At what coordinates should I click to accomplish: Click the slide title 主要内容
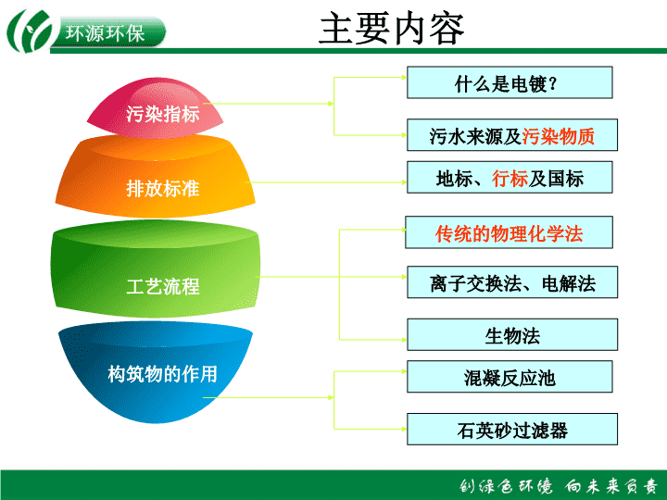coord(391,29)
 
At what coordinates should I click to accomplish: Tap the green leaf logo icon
coord(30,31)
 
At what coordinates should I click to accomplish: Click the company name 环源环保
coord(105,33)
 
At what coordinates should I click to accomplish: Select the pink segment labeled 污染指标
coord(156,108)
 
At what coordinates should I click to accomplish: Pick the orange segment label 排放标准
coord(162,188)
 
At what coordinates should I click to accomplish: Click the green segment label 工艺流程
coord(162,286)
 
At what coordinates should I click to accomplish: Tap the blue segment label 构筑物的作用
coord(162,374)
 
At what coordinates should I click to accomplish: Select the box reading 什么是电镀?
coord(510,82)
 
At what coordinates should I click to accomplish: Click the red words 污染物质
coord(558,136)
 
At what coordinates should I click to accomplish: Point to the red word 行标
coord(510,179)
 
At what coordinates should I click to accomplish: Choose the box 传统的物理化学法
coord(509,232)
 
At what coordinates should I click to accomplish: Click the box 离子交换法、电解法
coord(512,282)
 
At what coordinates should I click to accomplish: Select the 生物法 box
coord(512,334)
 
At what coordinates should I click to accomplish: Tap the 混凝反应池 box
coord(510,377)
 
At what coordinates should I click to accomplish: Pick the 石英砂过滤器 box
coord(512,429)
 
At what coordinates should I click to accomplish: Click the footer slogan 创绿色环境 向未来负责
coord(559,486)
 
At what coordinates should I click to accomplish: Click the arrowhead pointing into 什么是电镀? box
coord(405,78)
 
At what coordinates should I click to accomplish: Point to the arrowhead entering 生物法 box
coord(405,340)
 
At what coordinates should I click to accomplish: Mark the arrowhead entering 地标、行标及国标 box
coord(405,182)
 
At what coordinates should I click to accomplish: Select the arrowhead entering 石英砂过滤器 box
coord(405,429)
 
